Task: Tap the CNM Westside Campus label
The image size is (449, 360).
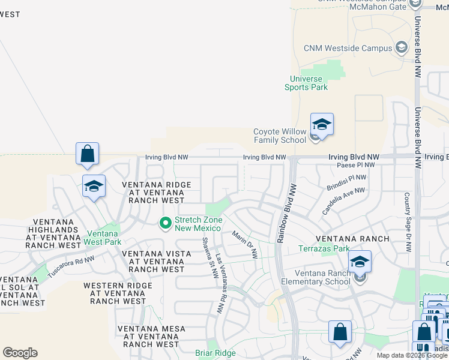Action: coord(348,48)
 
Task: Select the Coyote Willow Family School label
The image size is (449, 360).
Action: coord(280,136)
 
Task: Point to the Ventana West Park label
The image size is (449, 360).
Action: coord(104,238)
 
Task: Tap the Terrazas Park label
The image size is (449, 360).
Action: coord(324,248)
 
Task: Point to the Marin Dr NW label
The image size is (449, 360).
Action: coord(245,245)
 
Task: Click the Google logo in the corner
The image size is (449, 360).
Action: coord(20,353)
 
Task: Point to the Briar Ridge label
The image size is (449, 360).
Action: coord(215,353)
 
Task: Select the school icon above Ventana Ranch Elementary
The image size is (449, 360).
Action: coord(360,262)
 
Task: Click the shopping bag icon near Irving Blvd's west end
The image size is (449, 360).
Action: coord(88,154)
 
